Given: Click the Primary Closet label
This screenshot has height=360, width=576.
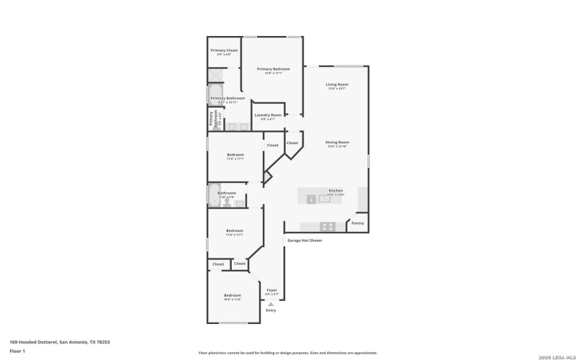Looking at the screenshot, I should click(x=223, y=50).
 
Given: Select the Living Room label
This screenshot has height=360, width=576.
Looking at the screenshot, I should click(x=336, y=85).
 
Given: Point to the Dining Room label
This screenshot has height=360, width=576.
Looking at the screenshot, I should click(x=336, y=143).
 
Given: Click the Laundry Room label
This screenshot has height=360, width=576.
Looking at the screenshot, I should click(x=266, y=115).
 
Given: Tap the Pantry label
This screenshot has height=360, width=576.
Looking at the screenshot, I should click(x=358, y=224).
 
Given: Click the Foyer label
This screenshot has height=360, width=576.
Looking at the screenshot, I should click(x=271, y=291).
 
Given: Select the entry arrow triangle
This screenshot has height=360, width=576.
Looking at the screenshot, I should click(x=271, y=305).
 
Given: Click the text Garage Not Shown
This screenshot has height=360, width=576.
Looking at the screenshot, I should click(x=305, y=240).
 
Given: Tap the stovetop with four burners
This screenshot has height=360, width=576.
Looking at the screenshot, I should click(x=328, y=226).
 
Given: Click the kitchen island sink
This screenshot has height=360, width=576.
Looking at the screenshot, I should click(x=325, y=199).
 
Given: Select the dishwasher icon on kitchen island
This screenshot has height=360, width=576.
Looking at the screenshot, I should click(x=310, y=199).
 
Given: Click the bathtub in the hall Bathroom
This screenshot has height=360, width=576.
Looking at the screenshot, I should click(x=214, y=195).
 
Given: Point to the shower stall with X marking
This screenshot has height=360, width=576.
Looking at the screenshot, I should click(x=215, y=75).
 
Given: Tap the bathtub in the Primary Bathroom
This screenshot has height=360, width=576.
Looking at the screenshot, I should click(x=214, y=93).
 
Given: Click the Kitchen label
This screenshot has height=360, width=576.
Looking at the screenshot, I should click(x=336, y=191).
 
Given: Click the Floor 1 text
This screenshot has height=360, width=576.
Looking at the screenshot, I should click(x=17, y=351).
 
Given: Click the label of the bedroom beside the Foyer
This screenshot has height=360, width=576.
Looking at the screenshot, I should click(x=232, y=296).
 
